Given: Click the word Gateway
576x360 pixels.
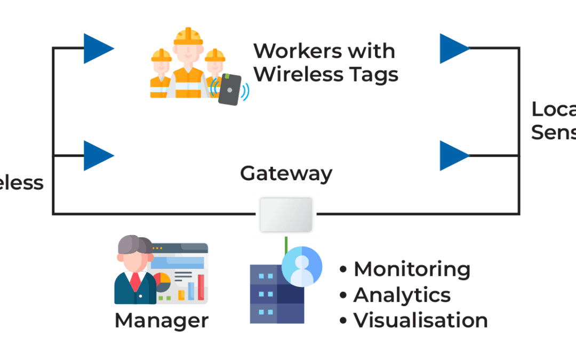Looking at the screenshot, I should click(x=286, y=174).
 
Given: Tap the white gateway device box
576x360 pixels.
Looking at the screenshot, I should click(x=286, y=214).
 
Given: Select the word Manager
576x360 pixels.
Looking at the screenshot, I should click(x=161, y=320).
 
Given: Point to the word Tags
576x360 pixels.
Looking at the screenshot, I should click(x=368, y=75).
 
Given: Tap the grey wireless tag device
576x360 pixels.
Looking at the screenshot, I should click(x=230, y=89).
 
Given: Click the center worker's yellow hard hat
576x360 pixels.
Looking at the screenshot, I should click(x=188, y=37).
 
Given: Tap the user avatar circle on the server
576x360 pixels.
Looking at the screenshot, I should click(x=302, y=266).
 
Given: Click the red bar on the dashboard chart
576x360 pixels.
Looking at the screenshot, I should click(x=201, y=287).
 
